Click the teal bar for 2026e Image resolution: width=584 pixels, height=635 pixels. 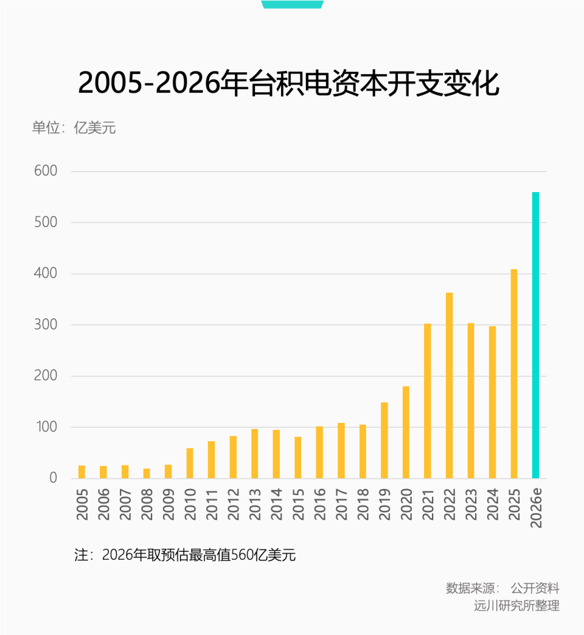(x=535, y=335)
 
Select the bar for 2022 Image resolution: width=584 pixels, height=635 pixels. (x=449, y=385)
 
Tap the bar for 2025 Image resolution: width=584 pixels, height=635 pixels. (x=514, y=374)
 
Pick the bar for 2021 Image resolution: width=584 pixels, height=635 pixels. (x=428, y=401)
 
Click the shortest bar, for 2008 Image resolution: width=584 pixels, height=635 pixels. (x=147, y=473)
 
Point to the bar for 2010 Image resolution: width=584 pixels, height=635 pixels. (x=190, y=463)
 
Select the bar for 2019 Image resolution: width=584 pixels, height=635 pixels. (x=384, y=440)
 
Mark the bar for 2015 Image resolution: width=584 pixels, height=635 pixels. (x=298, y=458)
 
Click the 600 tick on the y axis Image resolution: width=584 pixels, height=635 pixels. (x=46, y=171)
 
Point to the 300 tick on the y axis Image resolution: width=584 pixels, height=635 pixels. (x=46, y=325)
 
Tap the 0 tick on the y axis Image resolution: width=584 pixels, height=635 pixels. (x=53, y=478)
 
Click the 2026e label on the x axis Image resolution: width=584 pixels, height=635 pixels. (x=536, y=507)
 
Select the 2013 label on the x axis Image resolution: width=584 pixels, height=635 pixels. (x=255, y=504)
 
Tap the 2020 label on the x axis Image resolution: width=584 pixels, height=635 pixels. (x=406, y=504)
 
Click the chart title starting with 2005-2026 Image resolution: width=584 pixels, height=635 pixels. (x=289, y=84)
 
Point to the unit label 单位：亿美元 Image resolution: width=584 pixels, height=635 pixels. (x=74, y=128)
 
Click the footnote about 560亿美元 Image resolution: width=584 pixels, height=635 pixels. (x=185, y=555)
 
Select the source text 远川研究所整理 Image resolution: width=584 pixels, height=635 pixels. (x=516, y=606)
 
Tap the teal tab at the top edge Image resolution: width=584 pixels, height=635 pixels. (x=292, y=4)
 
